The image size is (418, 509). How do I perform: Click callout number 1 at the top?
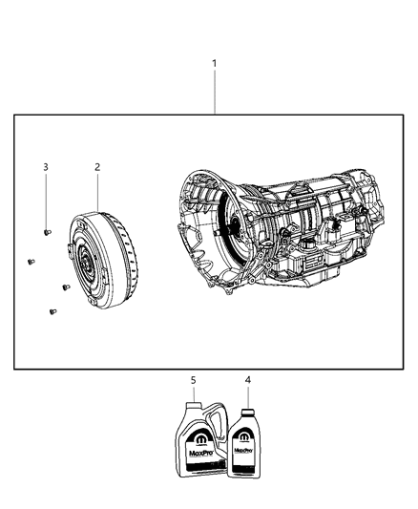coord(215,64)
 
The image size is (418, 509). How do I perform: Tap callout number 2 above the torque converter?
coord(96,167)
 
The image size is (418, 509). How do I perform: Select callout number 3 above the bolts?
coord(45,167)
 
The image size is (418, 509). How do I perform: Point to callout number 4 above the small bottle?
coord(248,380)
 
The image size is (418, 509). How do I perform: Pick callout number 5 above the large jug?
coord(193,380)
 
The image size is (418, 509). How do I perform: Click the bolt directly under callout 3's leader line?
coord(48,230)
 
